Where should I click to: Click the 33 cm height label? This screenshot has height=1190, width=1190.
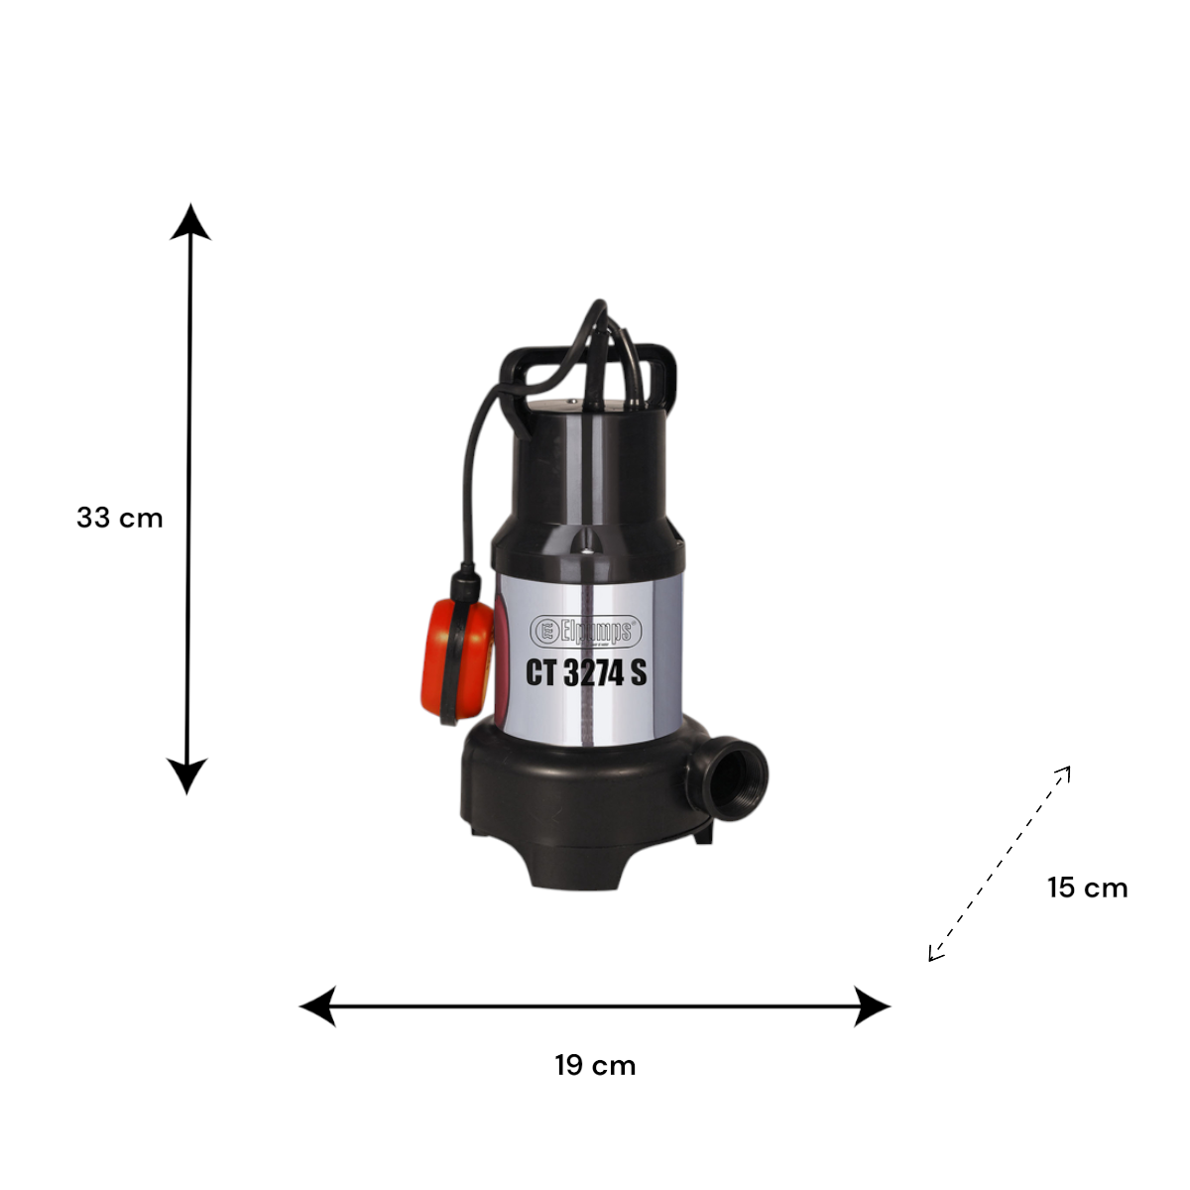coord(120,518)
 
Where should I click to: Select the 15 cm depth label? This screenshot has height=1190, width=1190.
coord(1088,888)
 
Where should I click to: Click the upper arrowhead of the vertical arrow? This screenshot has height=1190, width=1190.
coord(190,222)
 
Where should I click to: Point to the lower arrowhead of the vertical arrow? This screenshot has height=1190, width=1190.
coord(187,776)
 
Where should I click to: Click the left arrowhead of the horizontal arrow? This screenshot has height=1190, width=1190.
coord(317,1007)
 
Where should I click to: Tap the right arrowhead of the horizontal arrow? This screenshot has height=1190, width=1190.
coord(872,1007)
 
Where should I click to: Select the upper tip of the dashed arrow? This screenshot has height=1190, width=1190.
coord(1069,767)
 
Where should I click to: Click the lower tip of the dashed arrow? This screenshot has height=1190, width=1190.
coord(929,961)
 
